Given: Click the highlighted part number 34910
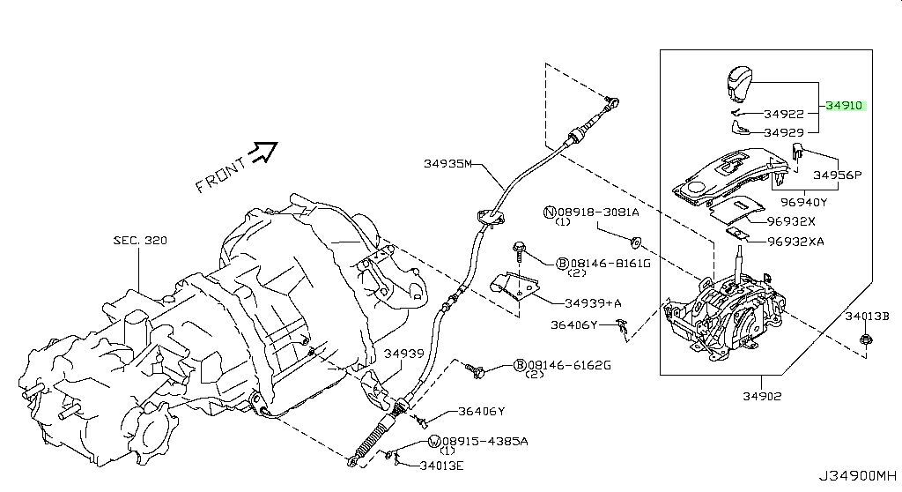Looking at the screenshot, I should pos(845,106).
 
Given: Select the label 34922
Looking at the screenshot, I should pos(784,114).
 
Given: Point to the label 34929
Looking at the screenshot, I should pos(784,132).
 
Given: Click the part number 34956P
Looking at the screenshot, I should pos(838,175).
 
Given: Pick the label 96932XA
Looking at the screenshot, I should pos(795,241).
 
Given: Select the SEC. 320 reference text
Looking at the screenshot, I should pos(139,240).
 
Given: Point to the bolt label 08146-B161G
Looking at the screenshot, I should pos(603,263).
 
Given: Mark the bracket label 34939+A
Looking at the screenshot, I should pos(593,303).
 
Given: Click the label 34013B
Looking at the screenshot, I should pos(867,315).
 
